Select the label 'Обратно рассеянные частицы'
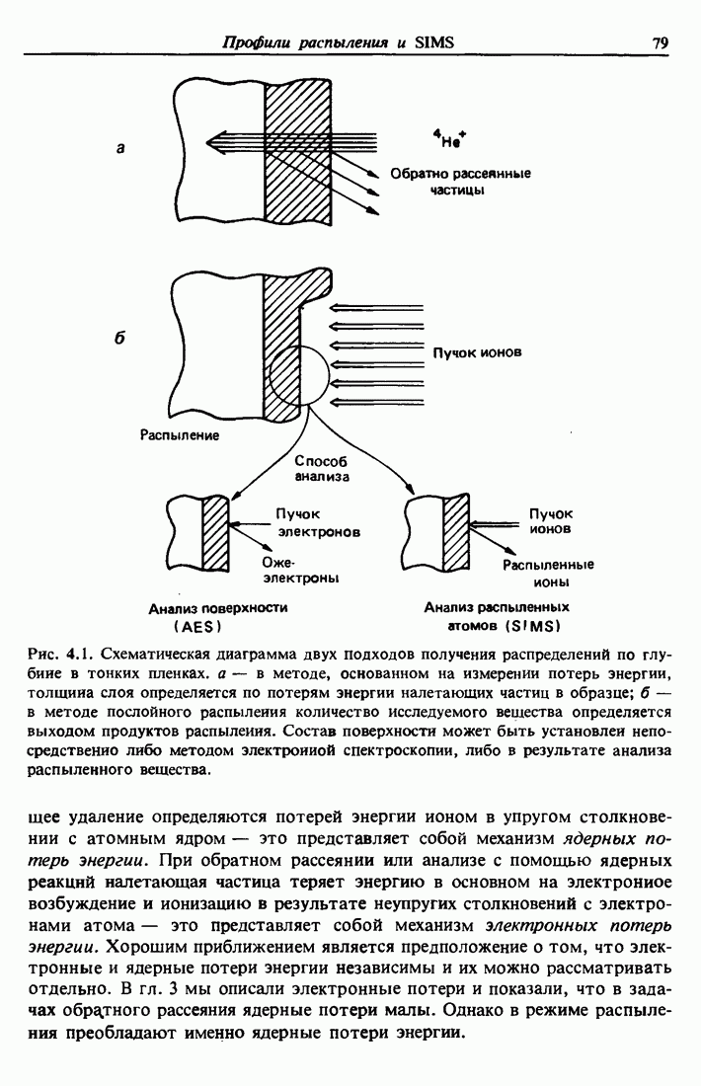point(460,182)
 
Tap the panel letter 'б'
point(119,338)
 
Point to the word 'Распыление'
point(180,433)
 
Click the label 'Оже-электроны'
point(307,570)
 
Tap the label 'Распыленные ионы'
point(548,574)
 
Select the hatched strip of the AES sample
point(215,534)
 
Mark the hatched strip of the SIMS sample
point(455,534)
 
